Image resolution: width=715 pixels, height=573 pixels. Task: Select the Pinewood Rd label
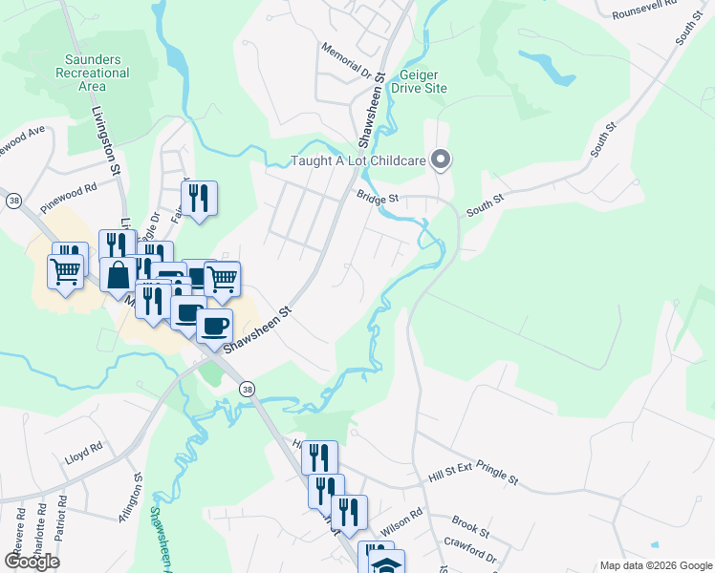point(70,196)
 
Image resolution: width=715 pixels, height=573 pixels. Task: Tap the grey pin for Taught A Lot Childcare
point(441,159)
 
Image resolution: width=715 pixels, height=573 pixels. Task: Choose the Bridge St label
point(376,198)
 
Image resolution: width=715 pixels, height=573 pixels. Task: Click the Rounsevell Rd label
point(644,14)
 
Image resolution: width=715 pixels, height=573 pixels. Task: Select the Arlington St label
point(137,491)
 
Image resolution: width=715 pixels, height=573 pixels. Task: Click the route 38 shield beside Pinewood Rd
point(13,201)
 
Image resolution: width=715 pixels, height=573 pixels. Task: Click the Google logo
point(32,562)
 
